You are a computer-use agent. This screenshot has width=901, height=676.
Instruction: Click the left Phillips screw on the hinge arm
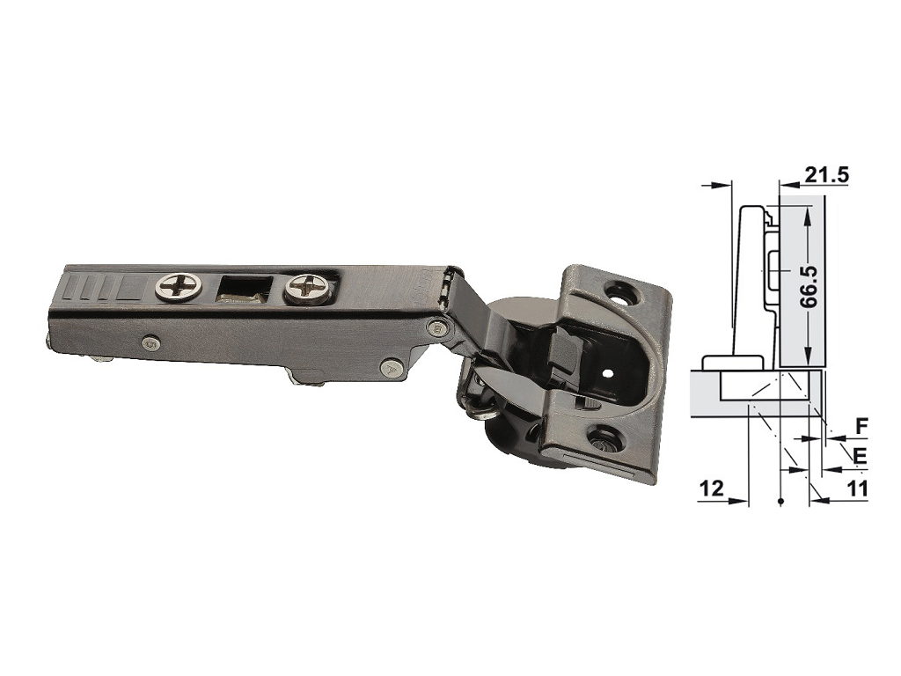point(178,286)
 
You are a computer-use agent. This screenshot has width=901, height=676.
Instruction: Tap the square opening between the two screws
point(244,288)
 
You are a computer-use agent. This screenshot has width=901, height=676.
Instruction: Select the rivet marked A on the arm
point(392,367)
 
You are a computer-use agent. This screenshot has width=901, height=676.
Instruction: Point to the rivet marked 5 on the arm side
point(151,342)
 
